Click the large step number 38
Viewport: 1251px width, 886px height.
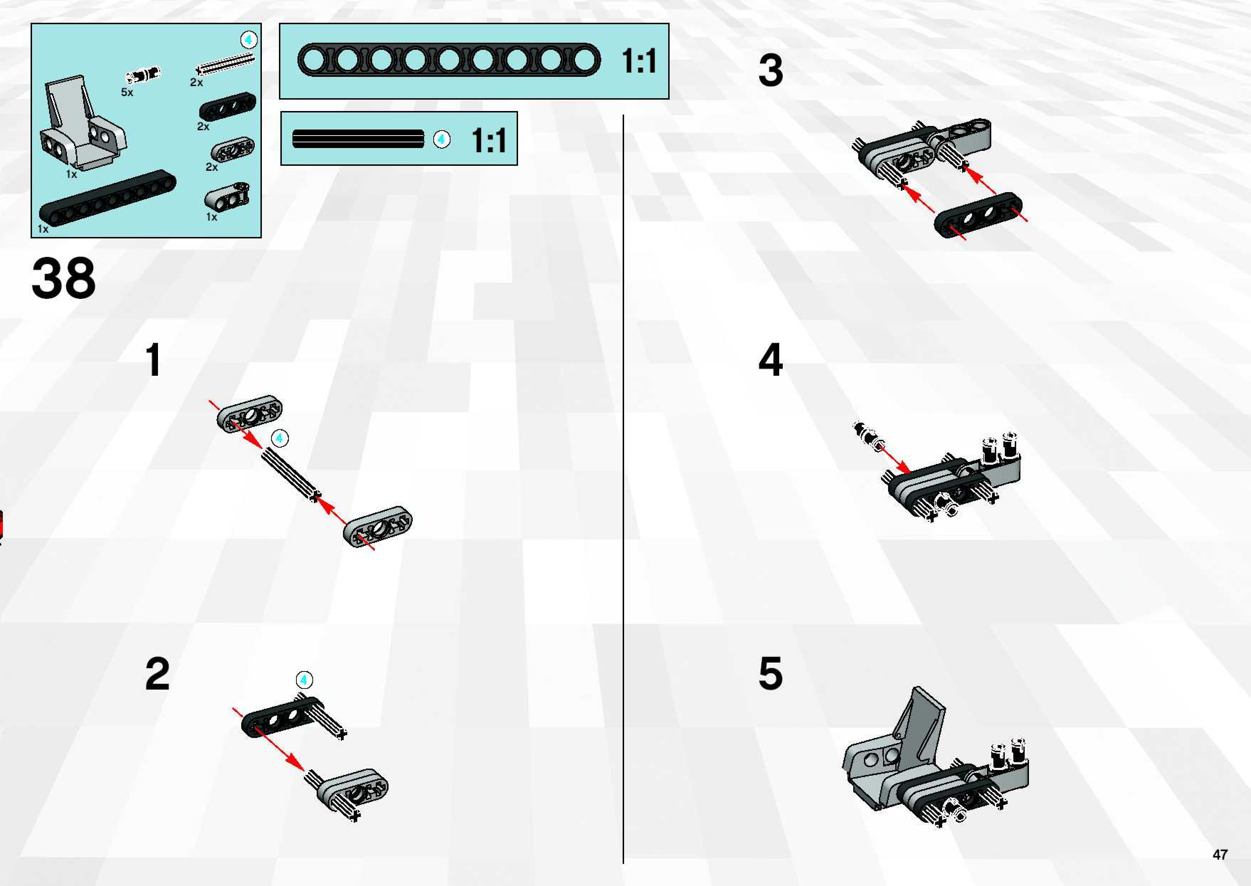click(63, 278)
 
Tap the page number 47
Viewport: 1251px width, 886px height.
click(1220, 854)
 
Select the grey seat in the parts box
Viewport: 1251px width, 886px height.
click(82, 126)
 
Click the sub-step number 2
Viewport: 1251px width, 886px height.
click(157, 674)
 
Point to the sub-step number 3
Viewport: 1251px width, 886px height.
click(770, 71)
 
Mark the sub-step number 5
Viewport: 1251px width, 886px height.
click(770, 674)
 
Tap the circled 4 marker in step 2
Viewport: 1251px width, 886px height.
click(304, 680)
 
